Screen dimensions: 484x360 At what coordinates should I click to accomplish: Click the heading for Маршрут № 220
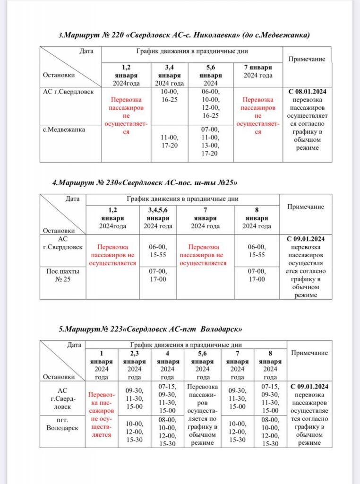pyautogui.click(x=184, y=35)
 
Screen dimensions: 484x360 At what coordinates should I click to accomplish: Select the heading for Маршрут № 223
pyautogui.click(x=150, y=328)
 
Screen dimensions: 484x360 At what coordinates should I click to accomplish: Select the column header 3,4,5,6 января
pyautogui.click(x=158, y=218)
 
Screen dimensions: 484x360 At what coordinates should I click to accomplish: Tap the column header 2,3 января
pyautogui.click(x=135, y=365)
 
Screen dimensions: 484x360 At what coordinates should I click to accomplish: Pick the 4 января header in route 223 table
pyautogui.click(x=167, y=365)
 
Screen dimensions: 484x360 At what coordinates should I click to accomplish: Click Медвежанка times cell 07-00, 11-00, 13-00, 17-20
pyautogui.click(x=210, y=141)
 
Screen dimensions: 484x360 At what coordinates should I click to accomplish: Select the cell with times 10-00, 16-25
pyautogui.click(x=169, y=96)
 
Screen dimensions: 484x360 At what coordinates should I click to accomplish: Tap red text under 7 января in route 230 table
pyautogui.click(x=205, y=255)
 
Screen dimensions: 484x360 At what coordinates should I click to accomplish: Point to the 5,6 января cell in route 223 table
pyautogui.click(x=203, y=415)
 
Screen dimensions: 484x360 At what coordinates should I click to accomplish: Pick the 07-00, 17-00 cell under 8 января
pyautogui.click(x=256, y=275)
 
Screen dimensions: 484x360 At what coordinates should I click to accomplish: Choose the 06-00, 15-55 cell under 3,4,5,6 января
pyautogui.click(x=158, y=251)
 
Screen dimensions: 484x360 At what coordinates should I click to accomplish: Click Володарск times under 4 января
pyautogui.click(x=167, y=431)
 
